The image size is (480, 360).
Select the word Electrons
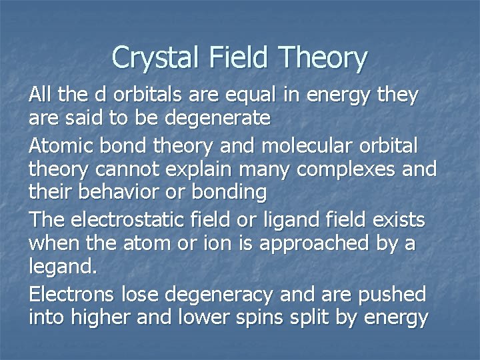72,293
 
